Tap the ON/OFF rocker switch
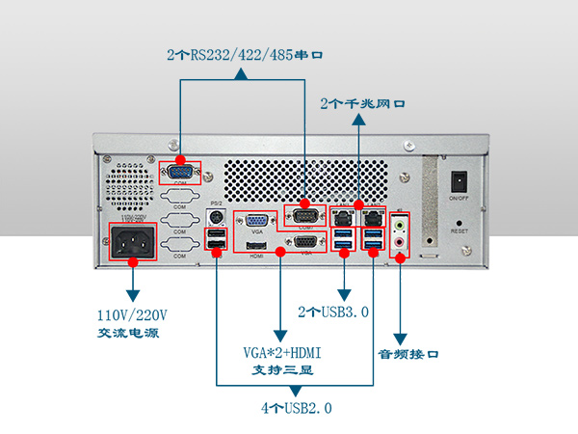coord(460,180)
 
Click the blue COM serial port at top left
coord(179,173)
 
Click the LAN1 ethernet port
coord(343,219)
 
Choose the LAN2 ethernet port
coord(373,219)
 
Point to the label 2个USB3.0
coord(333,312)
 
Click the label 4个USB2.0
coord(296,408)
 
